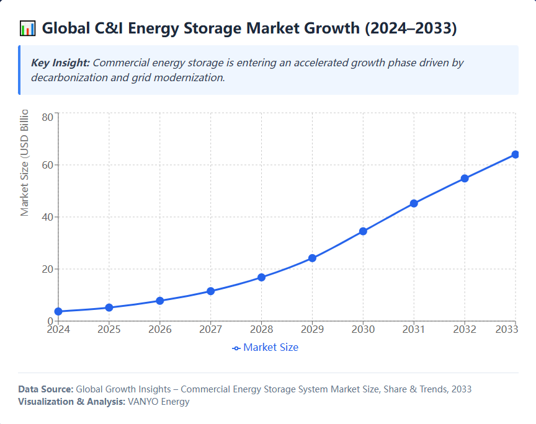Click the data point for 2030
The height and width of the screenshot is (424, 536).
(x=363, y=231)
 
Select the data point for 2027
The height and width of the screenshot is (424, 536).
(x=211, y=291)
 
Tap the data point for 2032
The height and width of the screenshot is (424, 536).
(x=465, y=179)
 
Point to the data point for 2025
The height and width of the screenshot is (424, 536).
(x=109, y=307)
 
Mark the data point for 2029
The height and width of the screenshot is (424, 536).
(x=312, y=258)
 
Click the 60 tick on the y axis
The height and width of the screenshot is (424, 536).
(x=47, y=166)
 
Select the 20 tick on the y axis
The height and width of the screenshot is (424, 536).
(x=47, y=270)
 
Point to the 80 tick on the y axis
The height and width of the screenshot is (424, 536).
(x=47, y=117)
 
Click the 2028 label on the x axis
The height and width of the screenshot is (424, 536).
(x=261, y=329)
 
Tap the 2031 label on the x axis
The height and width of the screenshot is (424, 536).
(x=414, y=329)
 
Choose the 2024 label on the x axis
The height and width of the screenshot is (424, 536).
(x=58, y=329)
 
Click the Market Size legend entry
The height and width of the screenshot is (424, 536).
(x=266, y=348)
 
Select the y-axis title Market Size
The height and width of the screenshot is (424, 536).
(x=25, y=162)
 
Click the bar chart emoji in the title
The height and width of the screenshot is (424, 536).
(x=27, y=29)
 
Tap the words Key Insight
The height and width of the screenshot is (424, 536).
(x=60, y=63)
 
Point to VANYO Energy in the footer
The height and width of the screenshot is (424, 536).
(x=158, y=402)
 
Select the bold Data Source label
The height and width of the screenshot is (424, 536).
(x=45, y=389)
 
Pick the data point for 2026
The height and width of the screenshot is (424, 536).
(x=160, y=301)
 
